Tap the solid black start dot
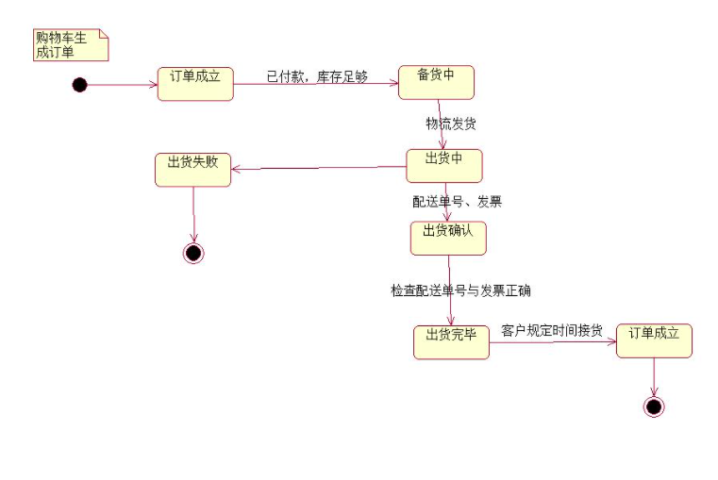[79, 85]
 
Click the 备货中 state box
[436, 82]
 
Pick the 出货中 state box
[443, 165]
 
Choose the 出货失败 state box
[192, 169]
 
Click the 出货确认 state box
[447, 238]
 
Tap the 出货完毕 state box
[451, 341]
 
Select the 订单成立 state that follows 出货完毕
[654, 340]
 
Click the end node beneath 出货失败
[193, 253]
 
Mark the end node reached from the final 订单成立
[654, 406]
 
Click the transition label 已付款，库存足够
[317, 76]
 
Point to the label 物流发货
[451, 124]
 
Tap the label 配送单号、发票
[457, 201]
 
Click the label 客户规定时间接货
[552, 330]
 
